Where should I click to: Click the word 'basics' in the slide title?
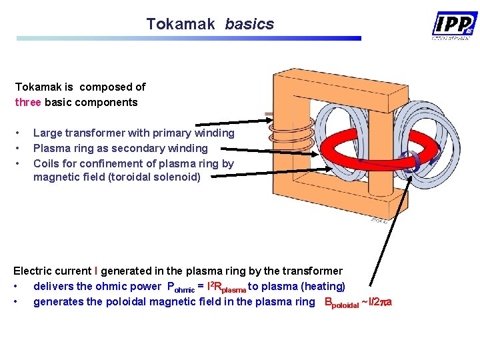click(x=249, y=25)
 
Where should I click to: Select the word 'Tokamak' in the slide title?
click(x=181, y=25)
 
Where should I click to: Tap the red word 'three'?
click(x=29, y=103)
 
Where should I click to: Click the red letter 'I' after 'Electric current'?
click(x=96, y=271)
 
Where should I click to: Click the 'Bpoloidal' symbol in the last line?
click(x=341, y=303)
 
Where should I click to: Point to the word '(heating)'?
click(x=323, y=287)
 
